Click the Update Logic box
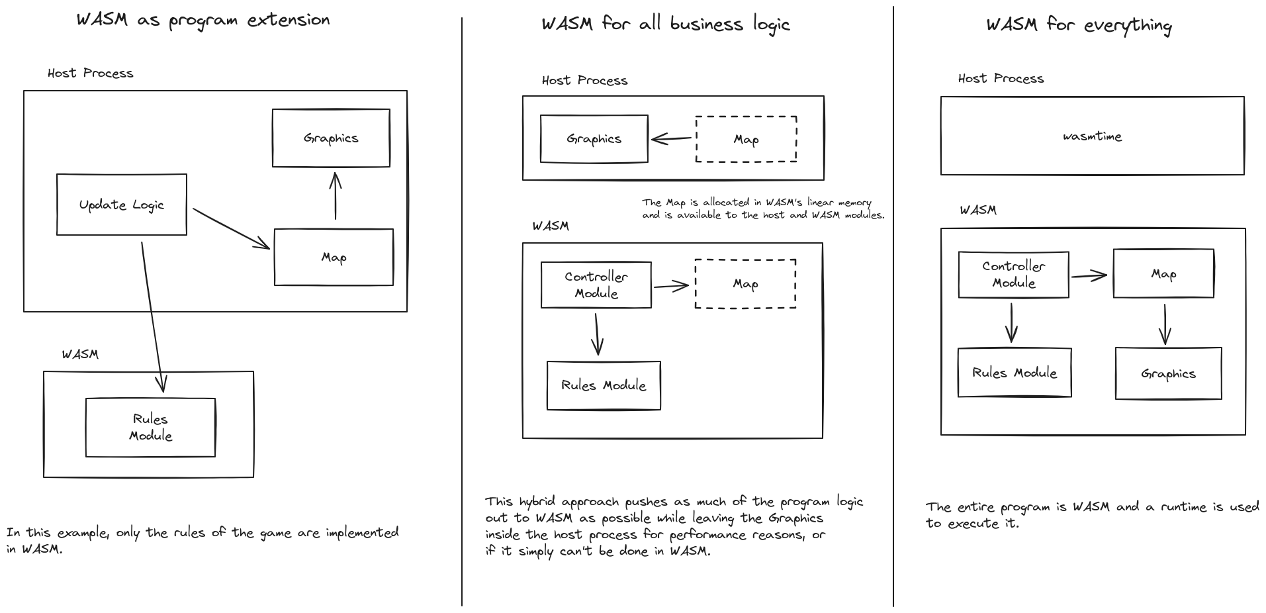[x=122, y=205]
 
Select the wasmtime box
[x=1092, y=136]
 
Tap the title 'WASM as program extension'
[x=203, y=20]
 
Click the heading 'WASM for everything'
[x=1079, y=25]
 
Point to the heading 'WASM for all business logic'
[x=666, y=24]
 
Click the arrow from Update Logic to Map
[x=230, y=229]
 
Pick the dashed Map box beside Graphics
[x=746, y=139]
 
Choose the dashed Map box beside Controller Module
[x=745, y=284]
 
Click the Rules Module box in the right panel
[x=1015, y=373]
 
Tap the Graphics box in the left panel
[x=331, y=138]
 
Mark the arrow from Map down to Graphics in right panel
[x=1165, y=324]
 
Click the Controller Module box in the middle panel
[x=596, y=285]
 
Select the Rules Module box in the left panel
[x=150, y=428]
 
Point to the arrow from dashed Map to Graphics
[x=671, y=139]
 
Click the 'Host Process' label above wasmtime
[x=1001, y=79]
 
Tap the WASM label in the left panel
[x=80, y=354]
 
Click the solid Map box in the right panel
[x=1163, y=273]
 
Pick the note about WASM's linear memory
[x=762, y=209]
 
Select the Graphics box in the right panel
[x=1168, y=373]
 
